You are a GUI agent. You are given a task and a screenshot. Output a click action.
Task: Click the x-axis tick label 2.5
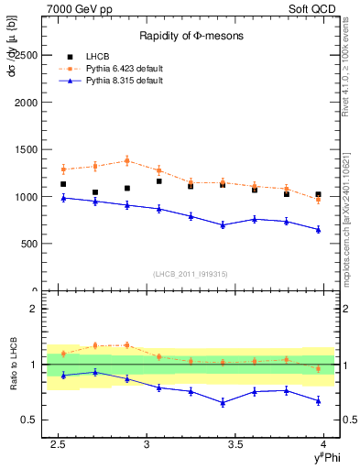pos(59,444)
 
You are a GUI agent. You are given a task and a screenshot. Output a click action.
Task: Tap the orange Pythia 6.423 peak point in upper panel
pos(126,160)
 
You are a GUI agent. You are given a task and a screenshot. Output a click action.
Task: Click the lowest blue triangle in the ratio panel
pos(223,403)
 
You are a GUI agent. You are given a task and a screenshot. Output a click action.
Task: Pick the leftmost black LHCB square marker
pos(63,184)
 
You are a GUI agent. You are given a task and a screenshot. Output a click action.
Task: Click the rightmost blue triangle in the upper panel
pos(318,230)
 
